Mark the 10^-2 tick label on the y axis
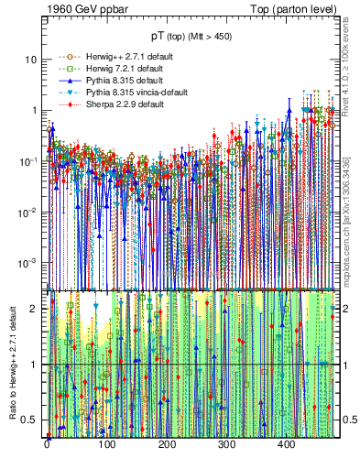click(x=29, y=212)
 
